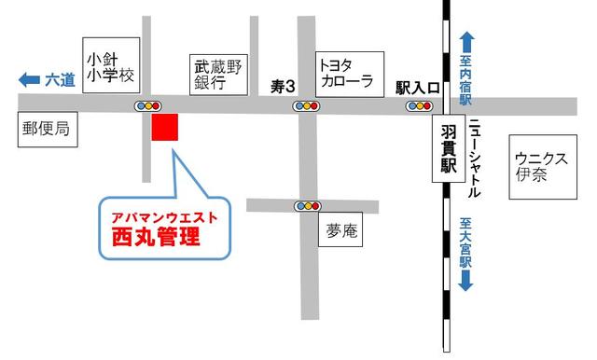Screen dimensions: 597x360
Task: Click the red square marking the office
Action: point(165,129)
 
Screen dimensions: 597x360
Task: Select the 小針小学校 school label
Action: point(109,66)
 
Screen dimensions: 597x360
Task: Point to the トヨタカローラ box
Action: point(346,72)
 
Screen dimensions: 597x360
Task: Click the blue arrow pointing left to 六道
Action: point(29,80)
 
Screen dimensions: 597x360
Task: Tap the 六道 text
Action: point(60,80)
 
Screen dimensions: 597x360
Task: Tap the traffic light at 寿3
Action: point(306,106)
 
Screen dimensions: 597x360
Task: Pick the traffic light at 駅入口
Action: point(419,106)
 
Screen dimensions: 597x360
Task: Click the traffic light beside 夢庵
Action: point(307,205)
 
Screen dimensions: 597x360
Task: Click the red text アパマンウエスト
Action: point(164,216)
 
